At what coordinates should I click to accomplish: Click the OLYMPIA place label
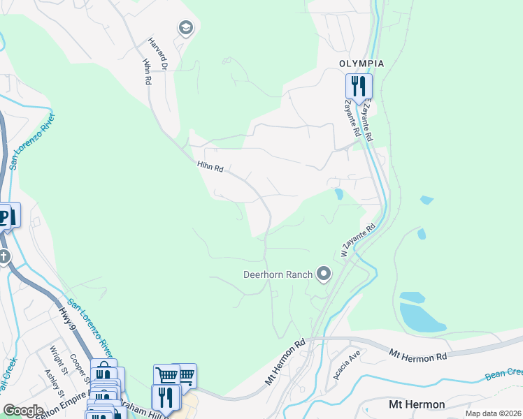361,63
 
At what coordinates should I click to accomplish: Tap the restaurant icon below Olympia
359,87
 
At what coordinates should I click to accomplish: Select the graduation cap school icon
185,28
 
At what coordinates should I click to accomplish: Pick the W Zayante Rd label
358,240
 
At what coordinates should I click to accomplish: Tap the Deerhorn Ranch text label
277,274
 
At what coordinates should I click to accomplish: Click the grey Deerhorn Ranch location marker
323,274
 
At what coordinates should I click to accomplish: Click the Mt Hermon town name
417,404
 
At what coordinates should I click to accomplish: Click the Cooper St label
78,367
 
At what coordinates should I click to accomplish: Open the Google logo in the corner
23,410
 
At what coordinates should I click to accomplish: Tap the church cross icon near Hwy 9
4,257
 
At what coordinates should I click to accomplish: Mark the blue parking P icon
7,216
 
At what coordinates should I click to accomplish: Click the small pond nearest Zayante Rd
339,193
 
